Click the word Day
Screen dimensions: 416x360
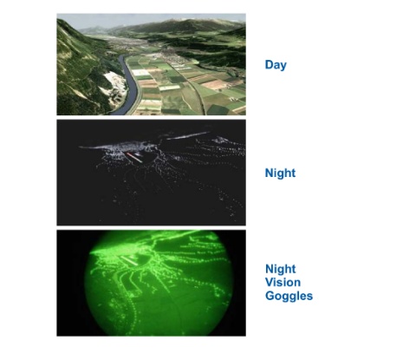[x=276, y=65]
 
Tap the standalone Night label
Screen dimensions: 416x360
[x=280, y=173]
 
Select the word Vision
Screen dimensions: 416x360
[x=283, y=282]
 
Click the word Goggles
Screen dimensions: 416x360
[x=289, y=296]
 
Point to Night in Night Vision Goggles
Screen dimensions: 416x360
[x=280, y=269]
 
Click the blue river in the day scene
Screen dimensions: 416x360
[x=127, y=87]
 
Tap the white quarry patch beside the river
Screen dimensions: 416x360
[x=115, y=85]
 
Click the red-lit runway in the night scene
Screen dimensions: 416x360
[x=133, y=157]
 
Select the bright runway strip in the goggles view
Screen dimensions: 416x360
[x=127, y=260]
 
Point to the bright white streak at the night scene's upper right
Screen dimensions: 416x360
[x=188, y=135]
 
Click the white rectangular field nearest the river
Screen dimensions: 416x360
[x=141, y=73]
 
